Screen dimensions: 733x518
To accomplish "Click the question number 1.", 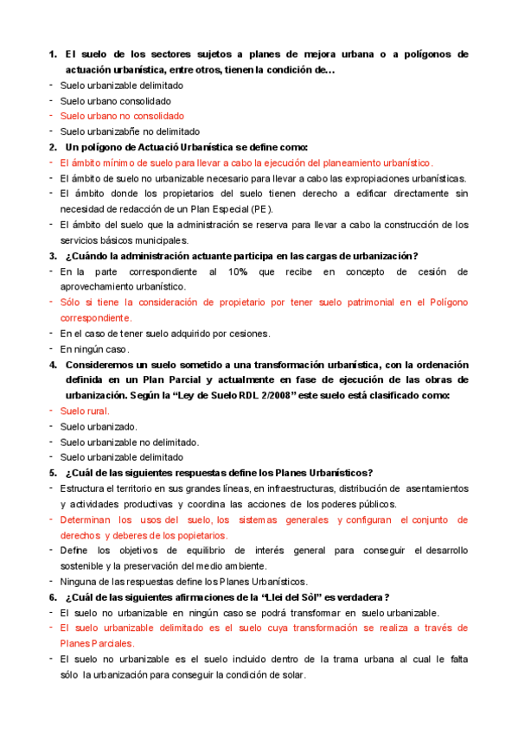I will pyautogui.click(x=52, y=54).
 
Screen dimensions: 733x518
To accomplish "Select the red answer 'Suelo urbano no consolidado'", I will pyautogui.click(x=122, y=116).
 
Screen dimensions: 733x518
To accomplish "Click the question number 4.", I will pyautogui.click(x=52, y=365).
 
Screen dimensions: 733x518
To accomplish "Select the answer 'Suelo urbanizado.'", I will pyautogui.click(x=99, y=426).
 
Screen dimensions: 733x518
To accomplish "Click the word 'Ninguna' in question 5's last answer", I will pyautogui.click(x=79, y=581).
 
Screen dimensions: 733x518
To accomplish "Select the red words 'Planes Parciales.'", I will pyautogui.click(x=97, y=643).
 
